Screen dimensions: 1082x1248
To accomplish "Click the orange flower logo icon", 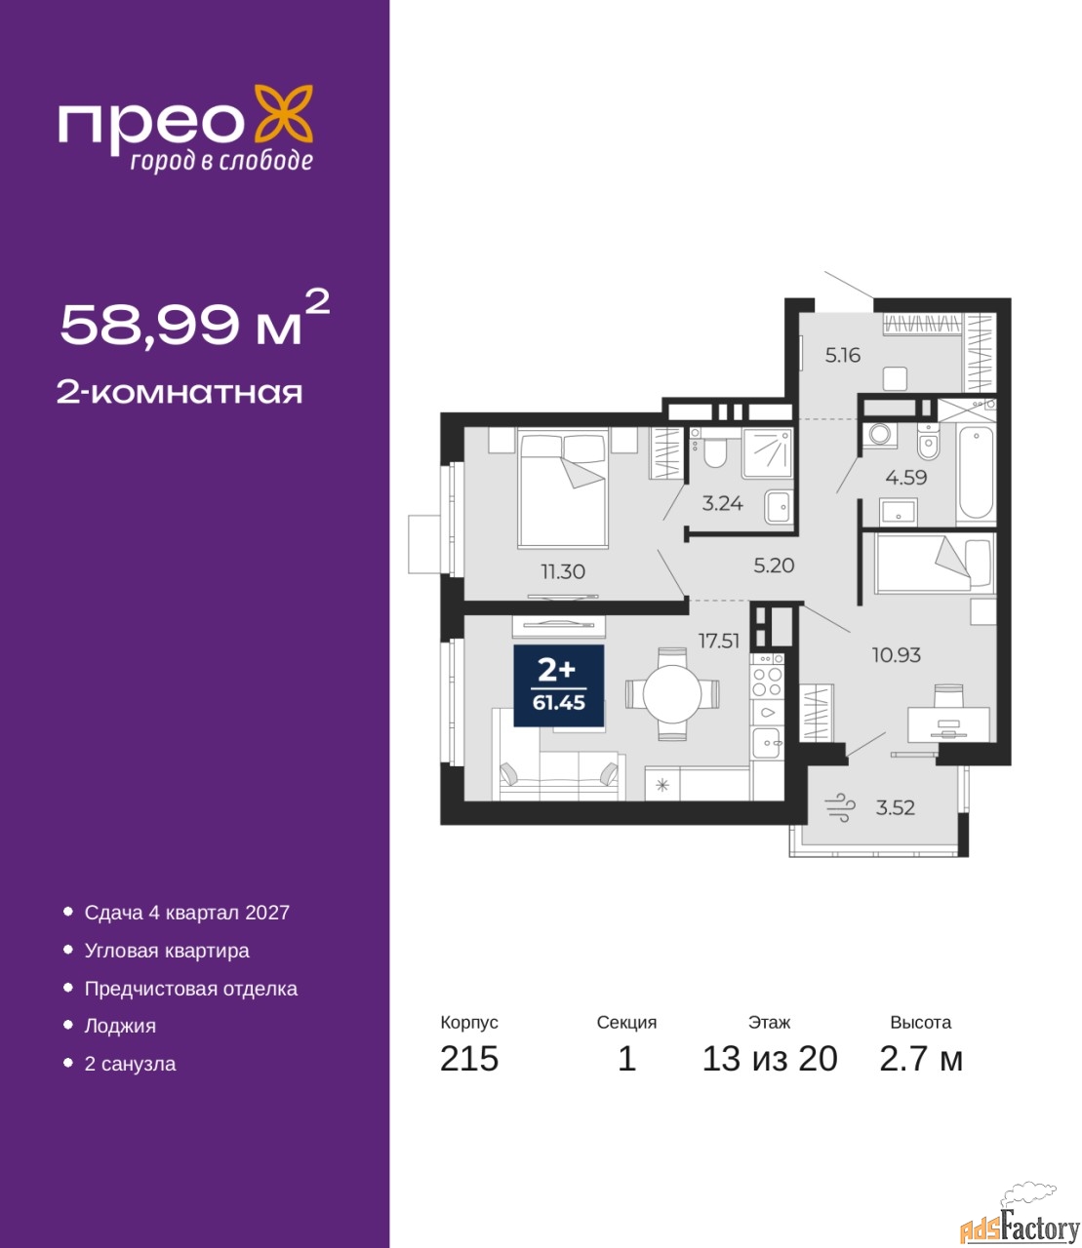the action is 283,113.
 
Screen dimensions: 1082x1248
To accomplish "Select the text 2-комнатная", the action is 180,393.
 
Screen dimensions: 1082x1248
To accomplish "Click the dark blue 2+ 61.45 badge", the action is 558,685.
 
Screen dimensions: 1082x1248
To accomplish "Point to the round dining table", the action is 672,694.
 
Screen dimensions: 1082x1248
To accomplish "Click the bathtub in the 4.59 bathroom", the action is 975,473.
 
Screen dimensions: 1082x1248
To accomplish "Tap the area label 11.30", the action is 562,571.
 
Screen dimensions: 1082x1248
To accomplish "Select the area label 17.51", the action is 718,641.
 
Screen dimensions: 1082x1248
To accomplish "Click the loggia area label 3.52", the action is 896,807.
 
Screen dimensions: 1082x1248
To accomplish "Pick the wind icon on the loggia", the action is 840,807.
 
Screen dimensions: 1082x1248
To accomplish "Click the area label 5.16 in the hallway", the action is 842,355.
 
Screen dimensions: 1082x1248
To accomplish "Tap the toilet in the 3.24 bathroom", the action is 715,449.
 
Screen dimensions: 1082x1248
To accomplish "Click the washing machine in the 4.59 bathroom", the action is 880,435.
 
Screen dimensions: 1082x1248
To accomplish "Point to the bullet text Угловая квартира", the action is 167,951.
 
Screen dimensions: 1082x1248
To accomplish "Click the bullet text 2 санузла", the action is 130,1064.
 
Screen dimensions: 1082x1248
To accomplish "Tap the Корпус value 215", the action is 469,1059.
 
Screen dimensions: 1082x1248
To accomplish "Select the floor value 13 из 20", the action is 770,1059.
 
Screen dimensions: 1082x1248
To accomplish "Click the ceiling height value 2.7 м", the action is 921,1059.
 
